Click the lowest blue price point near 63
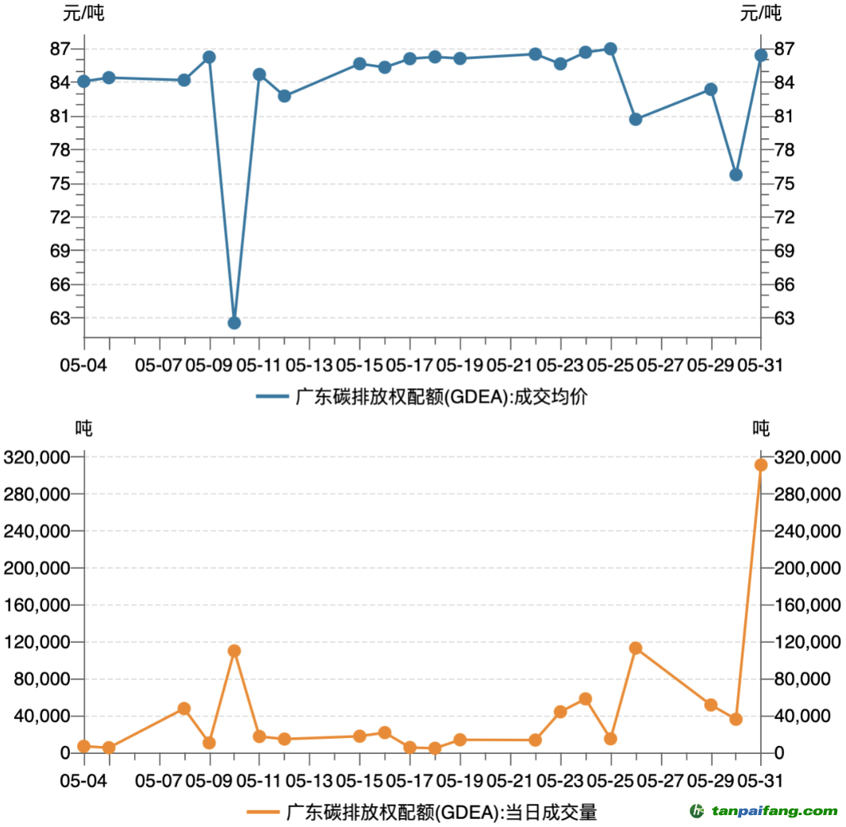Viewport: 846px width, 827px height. (x=234, y=323)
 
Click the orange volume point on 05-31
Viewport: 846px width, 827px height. (x=761, y=465)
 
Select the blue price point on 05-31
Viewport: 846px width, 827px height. (x=761, y=55)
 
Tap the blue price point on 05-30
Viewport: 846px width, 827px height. (x=736, y=175)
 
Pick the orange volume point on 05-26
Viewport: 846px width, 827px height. (x=636, y=648)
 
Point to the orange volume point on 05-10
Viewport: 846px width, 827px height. (x=234, y=651)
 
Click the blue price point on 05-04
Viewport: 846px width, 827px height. (x=84, y=81)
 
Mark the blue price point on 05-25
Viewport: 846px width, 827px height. (x=610, y=49)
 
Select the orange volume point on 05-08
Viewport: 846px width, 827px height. (x=184, y=709)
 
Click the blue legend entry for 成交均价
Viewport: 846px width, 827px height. (x=421, y=397)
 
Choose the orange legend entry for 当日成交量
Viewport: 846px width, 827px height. (x=421, y=812)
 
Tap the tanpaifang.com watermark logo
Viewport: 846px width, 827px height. (x=763, y=811)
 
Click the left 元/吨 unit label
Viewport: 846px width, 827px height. (x=83, y=13)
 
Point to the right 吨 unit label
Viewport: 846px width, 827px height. (x=761, y=429)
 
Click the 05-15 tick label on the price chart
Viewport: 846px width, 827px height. (x=359, y=365)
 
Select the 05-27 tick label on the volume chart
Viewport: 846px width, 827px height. (x=660, y=780)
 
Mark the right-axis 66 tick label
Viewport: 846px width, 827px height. (x=783, y=284)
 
